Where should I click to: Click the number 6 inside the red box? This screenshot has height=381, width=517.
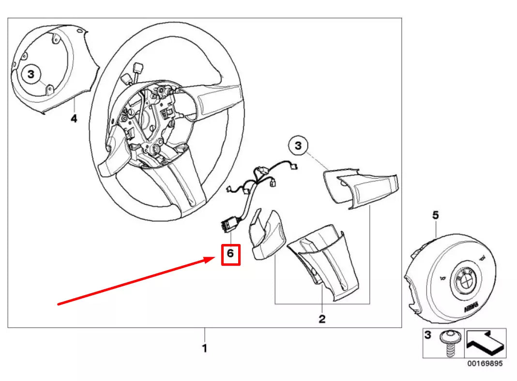tap(230, 253)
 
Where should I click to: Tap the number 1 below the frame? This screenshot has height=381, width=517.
tap(204, 348)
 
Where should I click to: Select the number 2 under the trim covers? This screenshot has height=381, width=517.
tap(321, 319)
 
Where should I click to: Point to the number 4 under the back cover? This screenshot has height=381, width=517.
tap(74, 118)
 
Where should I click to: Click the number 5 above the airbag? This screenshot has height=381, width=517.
tap(435, 215)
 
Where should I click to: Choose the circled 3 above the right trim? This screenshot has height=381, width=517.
tap(298, 145)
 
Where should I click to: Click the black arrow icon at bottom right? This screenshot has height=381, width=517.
tap(485, 342)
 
